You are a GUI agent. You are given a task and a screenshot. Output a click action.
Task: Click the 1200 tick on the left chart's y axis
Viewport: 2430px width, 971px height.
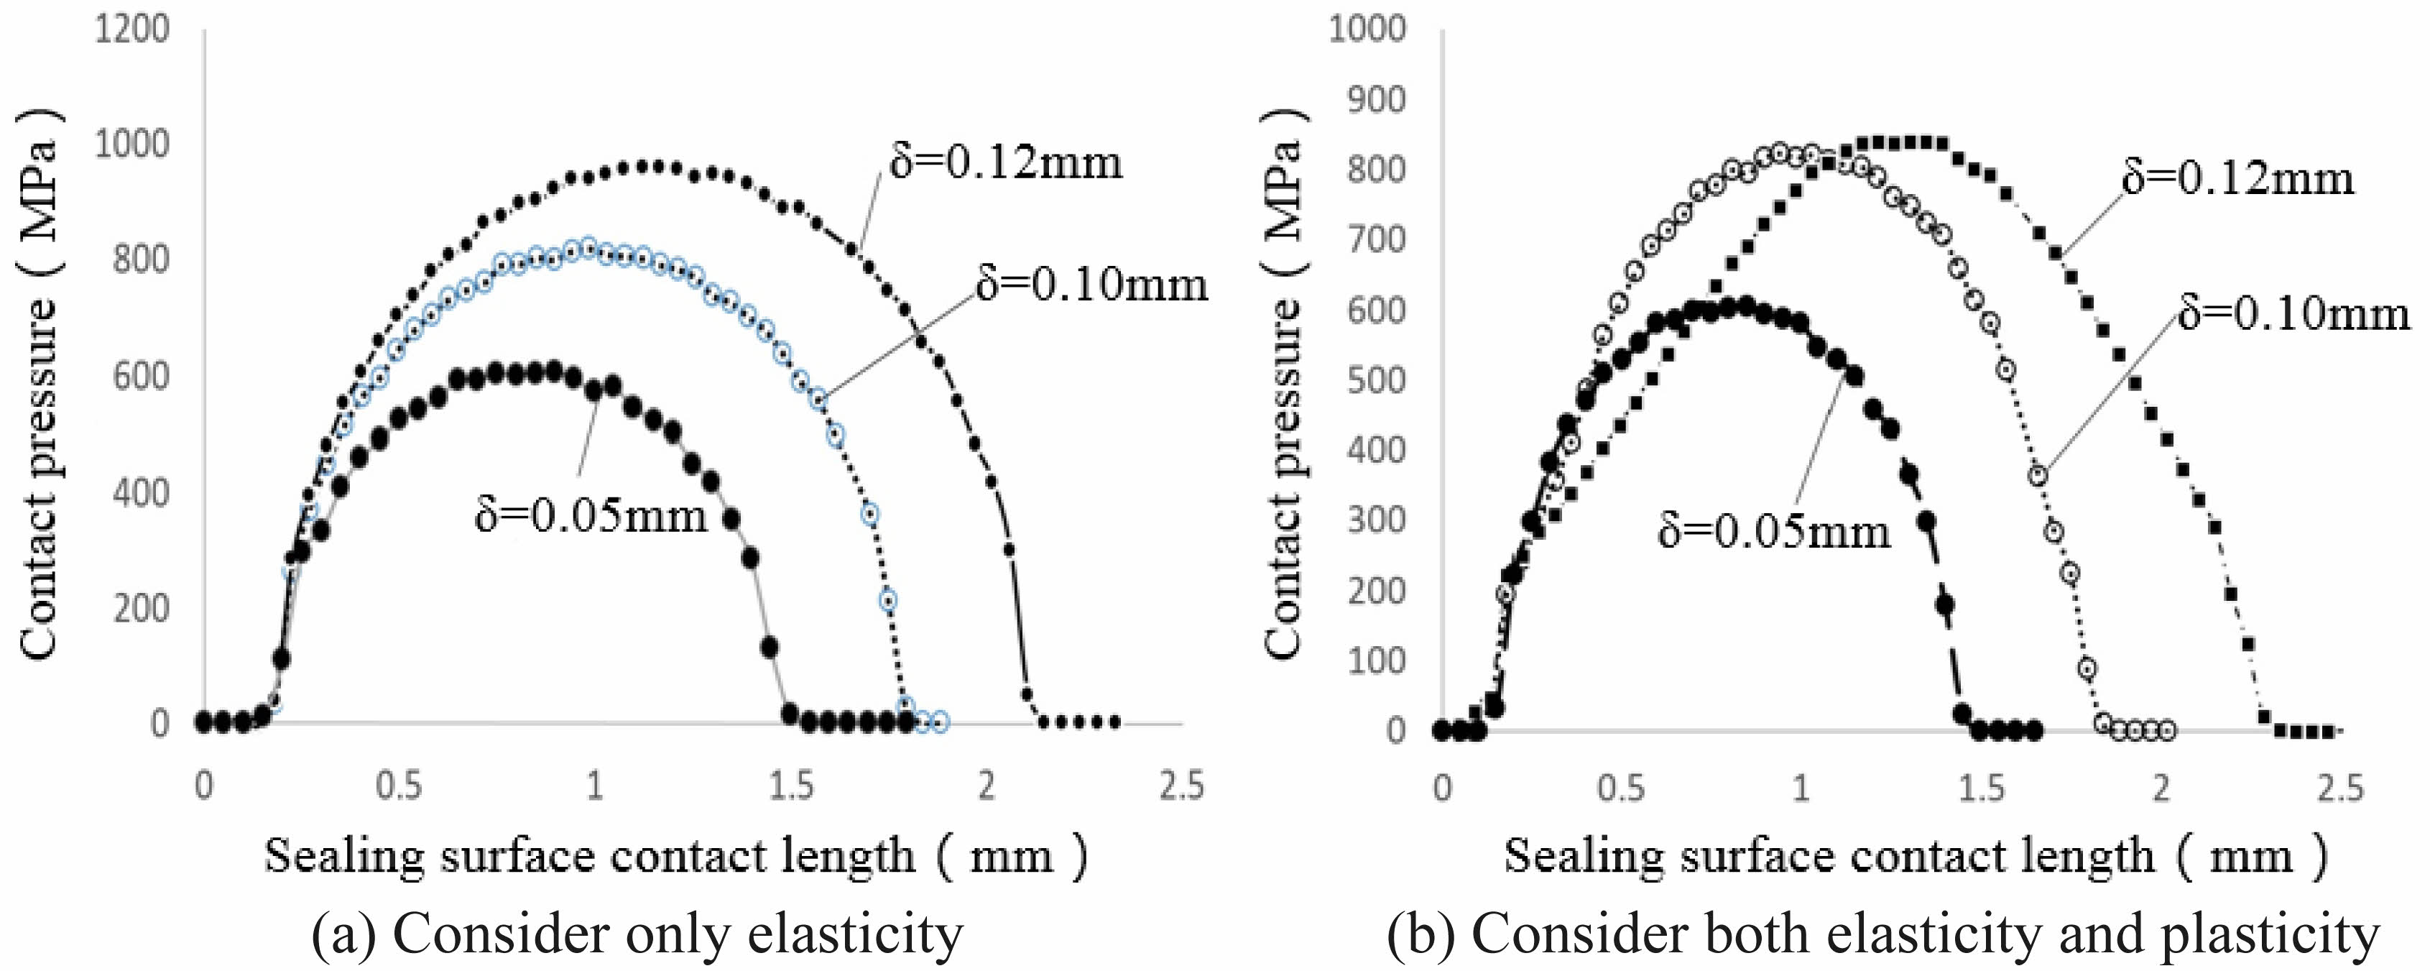tap(132, 30)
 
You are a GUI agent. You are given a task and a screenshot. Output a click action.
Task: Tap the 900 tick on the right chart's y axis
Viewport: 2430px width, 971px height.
tap(1367, 100)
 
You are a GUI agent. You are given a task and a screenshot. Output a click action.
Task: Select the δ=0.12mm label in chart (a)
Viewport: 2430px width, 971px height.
tap(1007, 162)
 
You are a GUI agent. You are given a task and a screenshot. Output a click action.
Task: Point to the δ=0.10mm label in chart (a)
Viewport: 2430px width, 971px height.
tap(1091, 284)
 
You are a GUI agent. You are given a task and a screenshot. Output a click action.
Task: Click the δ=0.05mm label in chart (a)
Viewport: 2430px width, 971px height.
tap(591, 516)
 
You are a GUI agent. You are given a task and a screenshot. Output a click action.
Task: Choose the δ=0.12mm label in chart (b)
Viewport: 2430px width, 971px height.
tap(2237, 178)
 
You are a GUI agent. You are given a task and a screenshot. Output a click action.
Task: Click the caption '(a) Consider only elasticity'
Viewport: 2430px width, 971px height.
tap(638, 935)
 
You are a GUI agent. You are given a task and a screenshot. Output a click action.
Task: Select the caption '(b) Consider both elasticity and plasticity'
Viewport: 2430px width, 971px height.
tap(1883, 935)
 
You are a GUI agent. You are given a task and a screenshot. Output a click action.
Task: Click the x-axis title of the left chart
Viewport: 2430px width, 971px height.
tap(675, 856)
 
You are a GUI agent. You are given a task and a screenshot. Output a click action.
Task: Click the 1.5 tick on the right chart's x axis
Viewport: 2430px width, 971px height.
tap(1981, 788)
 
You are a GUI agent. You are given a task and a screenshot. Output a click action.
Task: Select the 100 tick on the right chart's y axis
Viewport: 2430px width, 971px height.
tap(1377, 661)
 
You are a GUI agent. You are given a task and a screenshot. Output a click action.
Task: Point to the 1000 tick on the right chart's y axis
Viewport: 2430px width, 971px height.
tap(1367, 29)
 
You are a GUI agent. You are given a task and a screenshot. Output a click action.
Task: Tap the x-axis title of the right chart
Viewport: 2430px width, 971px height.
tap(1915, 856)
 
